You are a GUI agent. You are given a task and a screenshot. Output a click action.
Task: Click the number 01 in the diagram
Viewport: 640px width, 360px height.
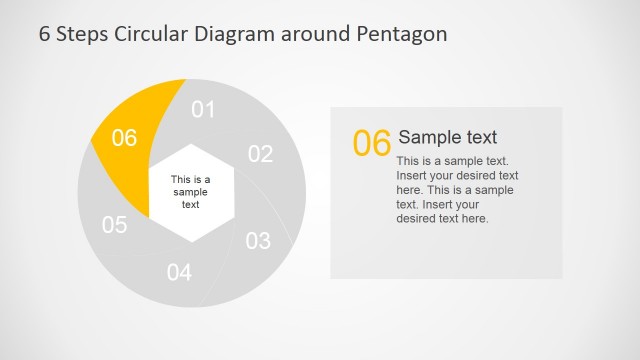coord(203,109)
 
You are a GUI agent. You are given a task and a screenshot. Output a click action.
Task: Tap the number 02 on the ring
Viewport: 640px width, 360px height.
coord(260,153)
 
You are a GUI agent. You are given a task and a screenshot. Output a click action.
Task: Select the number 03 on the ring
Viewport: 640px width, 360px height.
coord(258,240)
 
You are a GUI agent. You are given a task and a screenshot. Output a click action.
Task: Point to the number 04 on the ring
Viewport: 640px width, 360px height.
coord(179,271)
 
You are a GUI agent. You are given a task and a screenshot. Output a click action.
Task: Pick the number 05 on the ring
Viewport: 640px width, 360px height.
coord(115,224)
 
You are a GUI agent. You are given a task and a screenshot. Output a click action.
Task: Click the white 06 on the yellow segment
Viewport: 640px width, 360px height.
coord(124,138)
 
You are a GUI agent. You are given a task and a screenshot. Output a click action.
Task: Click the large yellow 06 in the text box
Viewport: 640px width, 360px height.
coord(372,144)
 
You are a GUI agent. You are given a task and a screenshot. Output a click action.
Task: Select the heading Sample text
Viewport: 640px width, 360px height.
coord(447,137)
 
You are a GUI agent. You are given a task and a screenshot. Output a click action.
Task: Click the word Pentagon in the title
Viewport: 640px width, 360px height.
coord(401,33)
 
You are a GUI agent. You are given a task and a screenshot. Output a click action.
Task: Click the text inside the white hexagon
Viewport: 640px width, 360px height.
coord(190,192)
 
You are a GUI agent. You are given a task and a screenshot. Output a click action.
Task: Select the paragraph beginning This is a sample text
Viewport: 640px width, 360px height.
coord(456,189)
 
